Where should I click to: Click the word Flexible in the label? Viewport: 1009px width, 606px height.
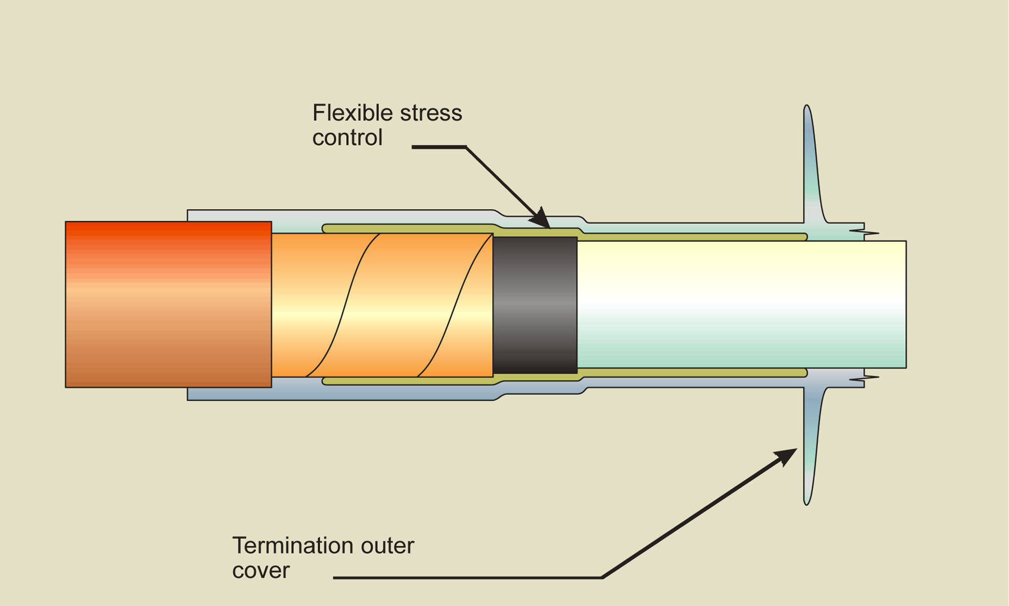tap(346, 113)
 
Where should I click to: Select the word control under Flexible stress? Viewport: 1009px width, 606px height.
tap(347, 137)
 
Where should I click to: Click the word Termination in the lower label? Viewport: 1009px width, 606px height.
tap(292, 546)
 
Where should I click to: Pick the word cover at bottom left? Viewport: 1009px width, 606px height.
tap(261, 570)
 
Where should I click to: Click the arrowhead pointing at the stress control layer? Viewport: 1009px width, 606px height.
tap(541, 218)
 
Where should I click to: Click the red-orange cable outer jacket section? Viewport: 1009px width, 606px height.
tap(168, 304)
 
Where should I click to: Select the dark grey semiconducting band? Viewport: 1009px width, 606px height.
tap(535, 305)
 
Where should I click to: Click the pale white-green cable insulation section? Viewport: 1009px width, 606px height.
tap(741, 304)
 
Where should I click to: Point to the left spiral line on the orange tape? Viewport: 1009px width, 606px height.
tap(343, 305)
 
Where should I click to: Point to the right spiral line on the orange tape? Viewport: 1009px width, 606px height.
tap(454, 305)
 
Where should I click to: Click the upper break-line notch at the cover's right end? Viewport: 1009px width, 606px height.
tap(864, 232)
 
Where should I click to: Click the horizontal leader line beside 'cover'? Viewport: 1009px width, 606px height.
tap(466, 577)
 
